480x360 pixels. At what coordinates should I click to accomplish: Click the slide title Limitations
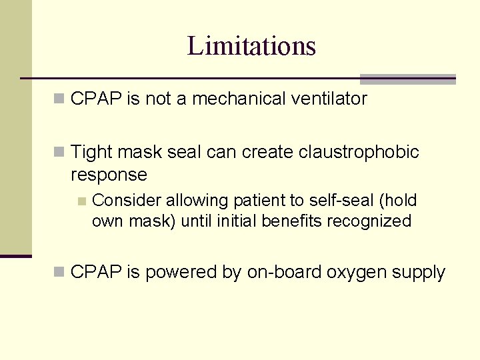pos(251,46)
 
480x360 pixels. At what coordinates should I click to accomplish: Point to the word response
pos(109,175)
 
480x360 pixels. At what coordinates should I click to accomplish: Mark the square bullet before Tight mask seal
pos(59,153)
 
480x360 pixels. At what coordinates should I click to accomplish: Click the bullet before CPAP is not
pos(59,99)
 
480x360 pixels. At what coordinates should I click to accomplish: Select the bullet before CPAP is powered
pos(59,272)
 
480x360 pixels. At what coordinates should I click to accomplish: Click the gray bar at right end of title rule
pos(407,79)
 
